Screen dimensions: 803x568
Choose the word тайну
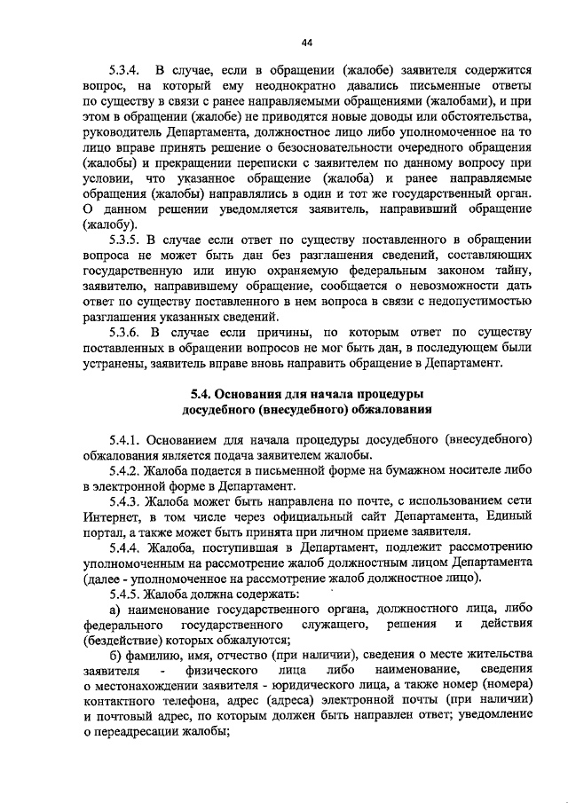514,271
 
